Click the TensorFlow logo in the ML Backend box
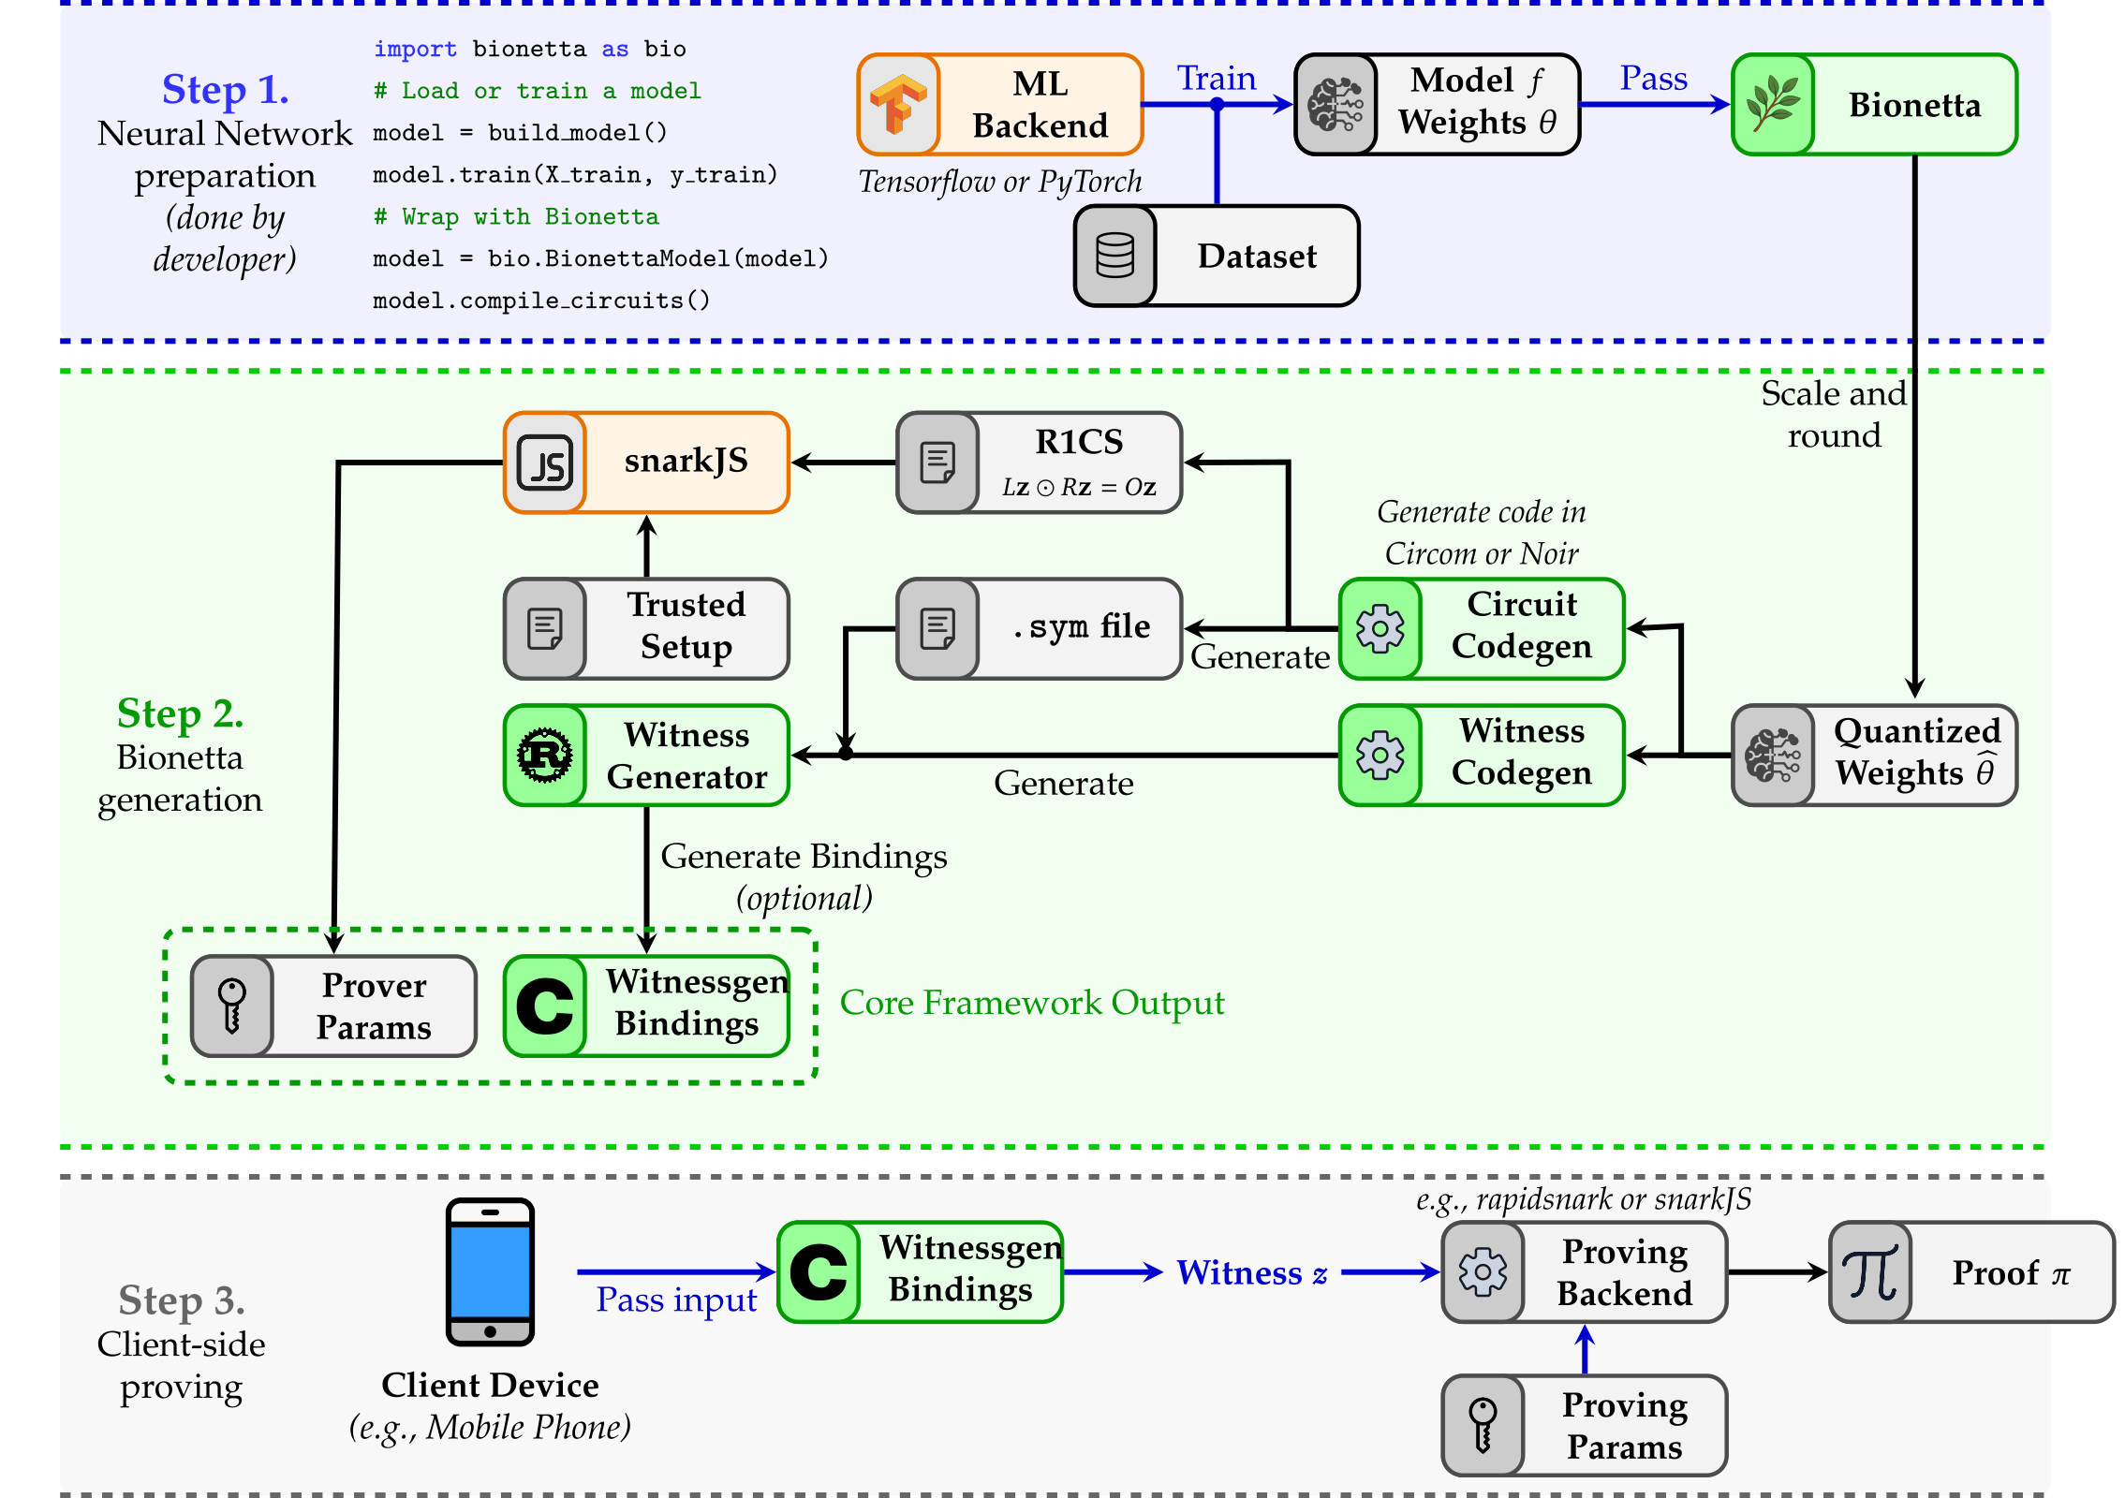coord(898,104)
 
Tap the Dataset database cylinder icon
coord(1114,256)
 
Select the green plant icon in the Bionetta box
coord(1773,104)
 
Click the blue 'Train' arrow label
coord(1216,79)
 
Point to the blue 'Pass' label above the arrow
coord(1653,79)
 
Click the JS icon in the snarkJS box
coord(546,463)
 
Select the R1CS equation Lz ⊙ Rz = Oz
coord(1079,487)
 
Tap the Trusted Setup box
coord(646,628)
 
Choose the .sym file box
coord(1039,628)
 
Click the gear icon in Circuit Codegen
coord(1380,628)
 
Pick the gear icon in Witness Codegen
coord(1380,755)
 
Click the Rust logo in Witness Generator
coord(545,755)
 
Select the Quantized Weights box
coord(1874,755)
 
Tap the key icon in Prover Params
coord(232,1006)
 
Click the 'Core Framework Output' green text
coord(1031,1003)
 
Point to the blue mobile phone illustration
coord(490,1271)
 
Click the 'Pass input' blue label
coord(675,1300)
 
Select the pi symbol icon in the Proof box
coord(1870,1271)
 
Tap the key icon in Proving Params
coord(1483,1425)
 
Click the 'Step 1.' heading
coord(225,90)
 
